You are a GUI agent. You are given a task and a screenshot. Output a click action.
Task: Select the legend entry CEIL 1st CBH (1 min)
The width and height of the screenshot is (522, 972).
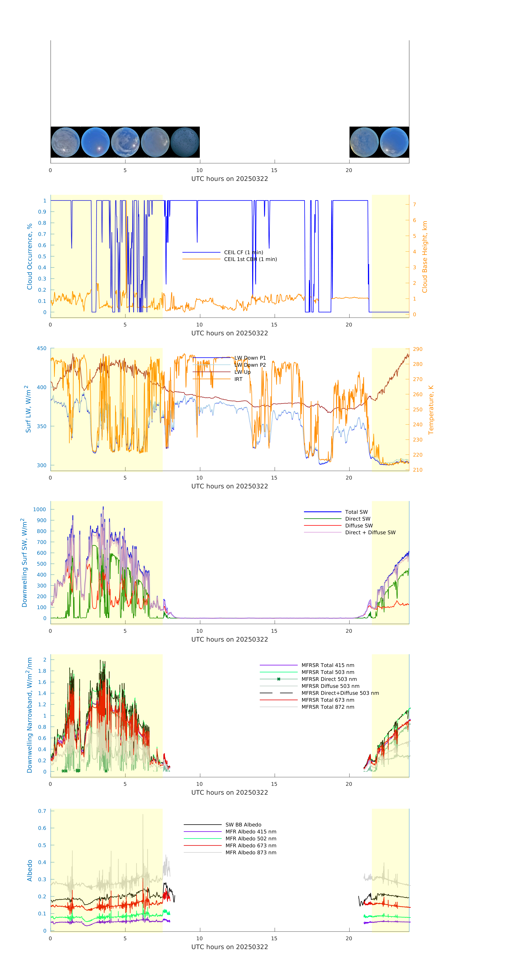250,259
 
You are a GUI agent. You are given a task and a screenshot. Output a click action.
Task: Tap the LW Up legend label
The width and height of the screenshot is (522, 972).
242,372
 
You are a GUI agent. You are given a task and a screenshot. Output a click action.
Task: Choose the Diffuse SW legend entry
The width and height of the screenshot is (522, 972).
359,526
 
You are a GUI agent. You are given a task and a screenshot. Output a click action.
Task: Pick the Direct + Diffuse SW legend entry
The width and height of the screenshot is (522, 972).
370,532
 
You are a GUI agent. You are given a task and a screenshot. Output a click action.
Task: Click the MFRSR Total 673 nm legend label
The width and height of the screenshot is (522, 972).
328,700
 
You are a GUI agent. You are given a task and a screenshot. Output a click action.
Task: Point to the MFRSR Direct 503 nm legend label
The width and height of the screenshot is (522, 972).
329,679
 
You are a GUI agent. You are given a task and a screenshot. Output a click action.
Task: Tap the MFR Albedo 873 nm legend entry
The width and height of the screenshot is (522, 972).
251,852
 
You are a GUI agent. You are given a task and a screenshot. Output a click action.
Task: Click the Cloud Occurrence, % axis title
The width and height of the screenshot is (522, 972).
29,257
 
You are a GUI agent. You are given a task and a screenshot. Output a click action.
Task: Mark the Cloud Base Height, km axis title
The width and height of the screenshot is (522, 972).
425,257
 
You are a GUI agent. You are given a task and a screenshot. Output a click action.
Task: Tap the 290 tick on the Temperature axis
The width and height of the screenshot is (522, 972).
417,349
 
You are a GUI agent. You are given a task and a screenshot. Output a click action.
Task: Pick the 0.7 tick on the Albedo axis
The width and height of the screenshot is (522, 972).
42,811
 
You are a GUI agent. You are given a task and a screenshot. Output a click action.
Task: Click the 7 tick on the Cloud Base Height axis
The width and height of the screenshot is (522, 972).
414,204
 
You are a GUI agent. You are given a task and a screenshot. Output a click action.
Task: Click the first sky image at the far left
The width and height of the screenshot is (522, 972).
65,142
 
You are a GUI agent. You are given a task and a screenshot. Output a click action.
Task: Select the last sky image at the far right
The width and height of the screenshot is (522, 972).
394,142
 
